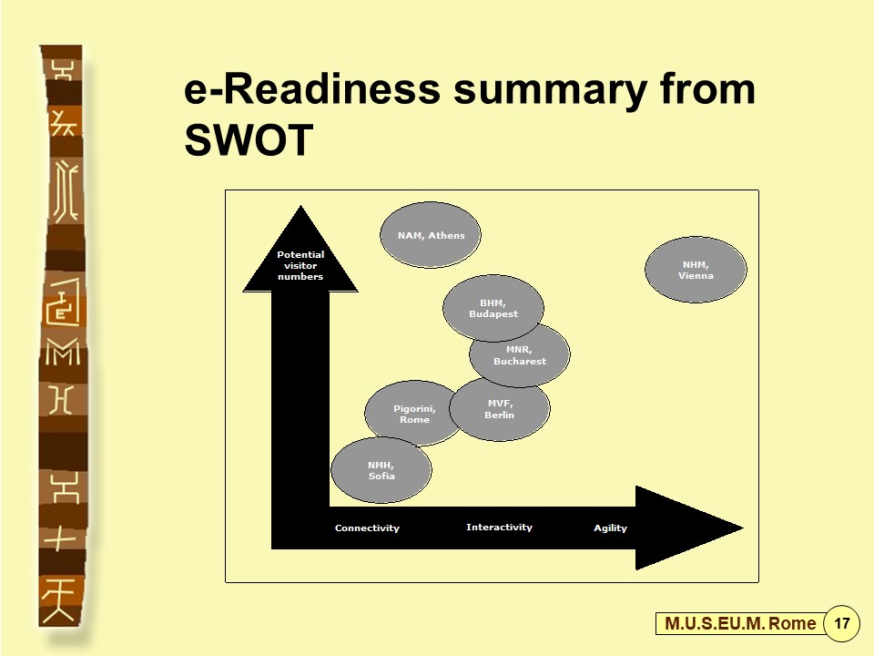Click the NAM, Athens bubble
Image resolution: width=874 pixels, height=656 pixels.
(431, 235)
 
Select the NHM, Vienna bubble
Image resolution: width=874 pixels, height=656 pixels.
(696, 270)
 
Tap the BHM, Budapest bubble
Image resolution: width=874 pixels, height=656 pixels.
(493, 308)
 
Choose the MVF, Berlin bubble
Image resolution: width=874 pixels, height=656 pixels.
(500, 409)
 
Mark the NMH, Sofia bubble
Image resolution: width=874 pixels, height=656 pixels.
(381, 470)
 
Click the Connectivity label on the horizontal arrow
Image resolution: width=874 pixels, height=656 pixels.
(367, 528)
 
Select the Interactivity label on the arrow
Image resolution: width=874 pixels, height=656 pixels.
(499, 528)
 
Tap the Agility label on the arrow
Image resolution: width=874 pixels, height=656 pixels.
(610, 528)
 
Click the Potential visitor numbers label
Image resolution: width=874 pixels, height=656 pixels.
(300, 265)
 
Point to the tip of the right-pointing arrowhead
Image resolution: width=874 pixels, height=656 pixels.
(743, 528)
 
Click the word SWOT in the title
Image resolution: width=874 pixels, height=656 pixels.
(249, 139)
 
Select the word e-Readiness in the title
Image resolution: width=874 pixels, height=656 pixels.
(312, 89)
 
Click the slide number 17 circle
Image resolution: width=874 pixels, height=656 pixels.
(841, 622)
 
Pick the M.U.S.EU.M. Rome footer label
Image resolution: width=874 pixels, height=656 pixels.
(740, 623)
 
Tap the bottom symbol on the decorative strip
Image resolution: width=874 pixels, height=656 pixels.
(58, 600)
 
